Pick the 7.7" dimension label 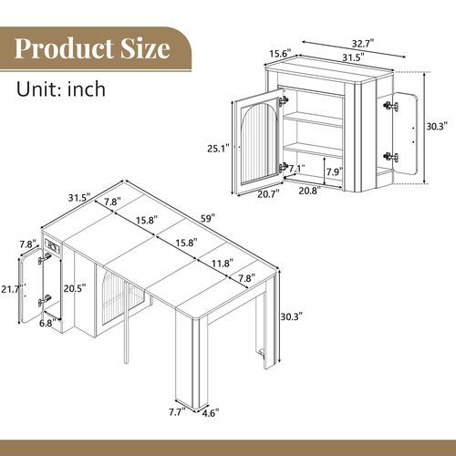[179, 410]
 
